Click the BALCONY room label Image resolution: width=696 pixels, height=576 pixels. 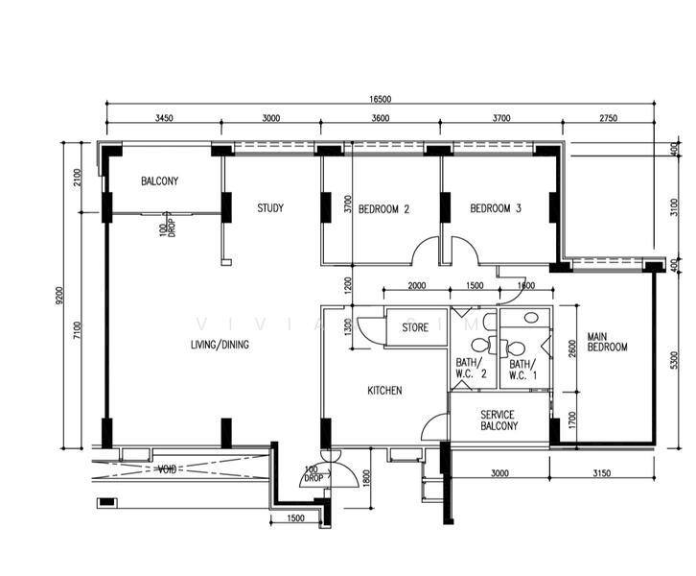pyautogui.click(x=160, y=180)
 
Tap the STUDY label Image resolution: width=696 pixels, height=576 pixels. pyautogui.click(x=270, y=208)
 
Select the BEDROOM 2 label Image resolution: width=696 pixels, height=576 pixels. pyautogui.click(x=383, y=208)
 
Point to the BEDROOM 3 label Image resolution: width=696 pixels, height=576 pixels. pyautogui.click(x=496, y=208)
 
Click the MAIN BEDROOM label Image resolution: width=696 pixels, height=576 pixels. pyautogui.click(x=607, y=342)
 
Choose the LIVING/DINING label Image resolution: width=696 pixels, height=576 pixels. pyautogui.click(x=220, y=345)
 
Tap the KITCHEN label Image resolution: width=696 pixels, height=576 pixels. pyautogui.click(x=384, y=391)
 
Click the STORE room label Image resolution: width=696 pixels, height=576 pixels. pyautogui.click(x=415, y=327)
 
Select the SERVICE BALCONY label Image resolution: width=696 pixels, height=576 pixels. pyautogui.click(x=499, y=420)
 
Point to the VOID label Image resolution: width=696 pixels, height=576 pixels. pyautogui.click(x=168, y=469)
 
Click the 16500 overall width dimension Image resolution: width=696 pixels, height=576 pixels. pyautogui.click(x=381, y=99)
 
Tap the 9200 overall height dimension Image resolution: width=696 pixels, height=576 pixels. pyautogui.click(x=60, y=295)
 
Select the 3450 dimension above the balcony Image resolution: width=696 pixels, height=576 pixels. pyautogui.click(x=164, y=118)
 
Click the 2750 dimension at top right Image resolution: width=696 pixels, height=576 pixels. pyautogui.click(x=608, y=118)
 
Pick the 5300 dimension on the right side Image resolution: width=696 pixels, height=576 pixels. pyautogui.click(x=675, y=360)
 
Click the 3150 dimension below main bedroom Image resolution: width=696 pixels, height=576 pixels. pyautogui.click(x=602, y=473)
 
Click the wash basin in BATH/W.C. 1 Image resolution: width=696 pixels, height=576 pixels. pyautogui.click(x=531, y=318)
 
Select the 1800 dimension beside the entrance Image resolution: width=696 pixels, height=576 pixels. pyautogui.click(x=366, y=478)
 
